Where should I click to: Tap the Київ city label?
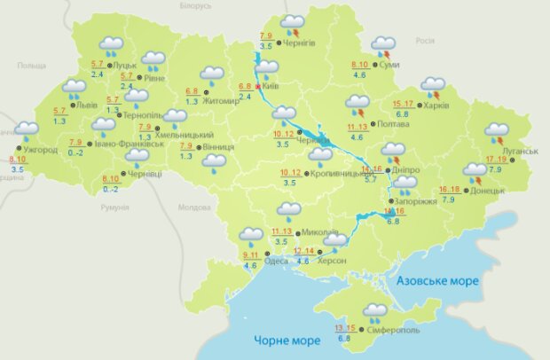(271, 86)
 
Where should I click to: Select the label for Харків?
(436, 106)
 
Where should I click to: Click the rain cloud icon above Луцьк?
(111, 45)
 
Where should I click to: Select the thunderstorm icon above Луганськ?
(497, 134)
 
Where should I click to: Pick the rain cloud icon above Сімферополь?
(374, 311)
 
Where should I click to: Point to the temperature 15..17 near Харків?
(403, 104)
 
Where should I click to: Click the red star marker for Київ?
(258, 87)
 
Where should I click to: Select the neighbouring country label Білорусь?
(194, 5)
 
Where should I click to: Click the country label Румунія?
(115, 207)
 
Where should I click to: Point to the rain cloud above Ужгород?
(27, 132)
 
